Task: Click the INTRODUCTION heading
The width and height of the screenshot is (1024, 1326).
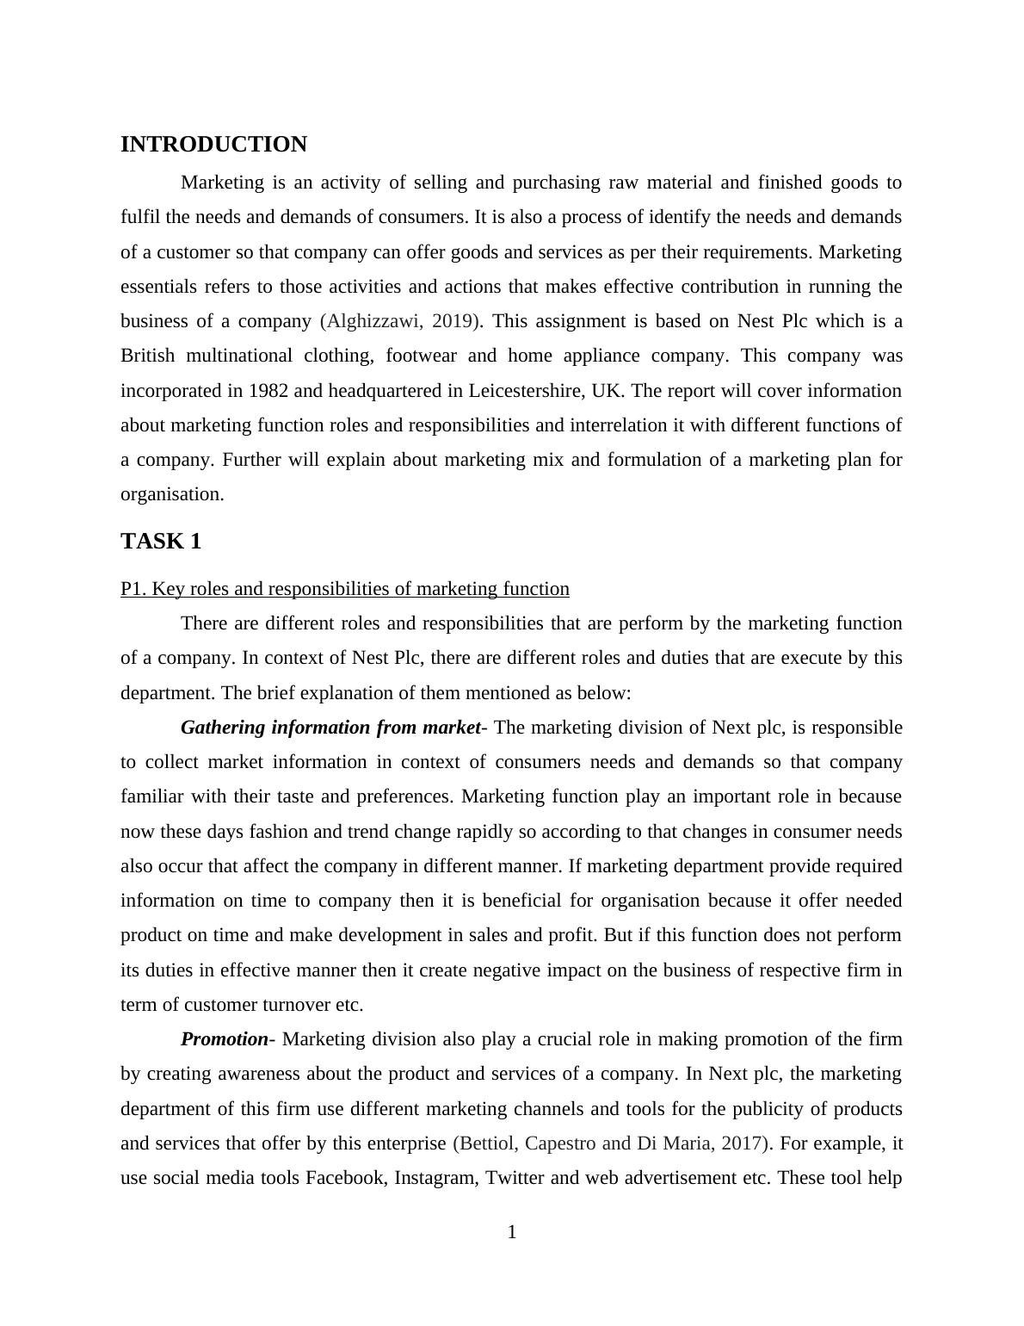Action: pyautogui.click(x=213, y=145)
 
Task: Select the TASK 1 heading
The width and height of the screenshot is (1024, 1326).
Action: pyautogui.click(x=161, y=542)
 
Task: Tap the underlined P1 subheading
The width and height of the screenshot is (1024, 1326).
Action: pyautogui.click(x=344, y=589)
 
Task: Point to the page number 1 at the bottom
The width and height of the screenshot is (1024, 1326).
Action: pyautogui.click(x=512, y=1233)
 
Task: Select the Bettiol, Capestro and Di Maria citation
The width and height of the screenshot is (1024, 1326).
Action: pyautogui.click(x=610, y=1143)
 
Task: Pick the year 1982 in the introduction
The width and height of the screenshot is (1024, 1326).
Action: pyautogui.click(x=268, y=391)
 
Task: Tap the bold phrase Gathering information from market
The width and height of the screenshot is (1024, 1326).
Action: pyautogui.click(x=330, y=728)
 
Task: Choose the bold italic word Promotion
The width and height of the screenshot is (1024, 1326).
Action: pyautogui.click(x=225, y=1039)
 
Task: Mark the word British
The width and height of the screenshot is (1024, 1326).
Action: pyautogui.click(x=147, y=356)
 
